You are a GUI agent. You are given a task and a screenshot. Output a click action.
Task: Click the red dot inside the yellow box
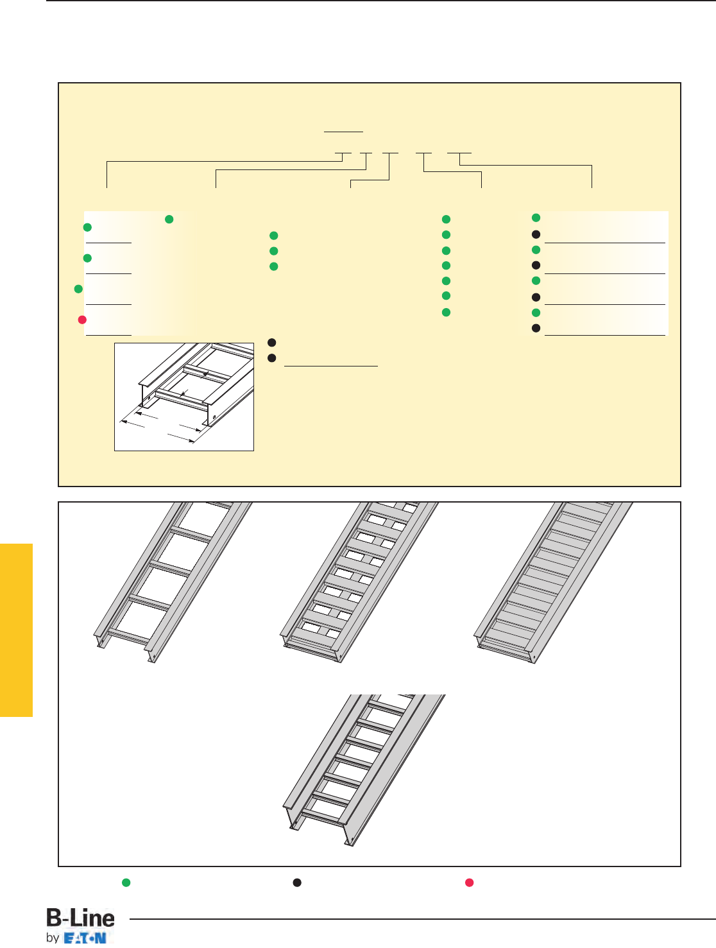82,320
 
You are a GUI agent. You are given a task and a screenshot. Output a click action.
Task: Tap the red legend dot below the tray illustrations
469,883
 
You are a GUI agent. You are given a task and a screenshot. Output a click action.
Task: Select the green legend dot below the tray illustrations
126,883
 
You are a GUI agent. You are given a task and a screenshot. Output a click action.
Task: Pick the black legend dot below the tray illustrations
297,883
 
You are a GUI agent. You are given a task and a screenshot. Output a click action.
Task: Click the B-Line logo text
80,917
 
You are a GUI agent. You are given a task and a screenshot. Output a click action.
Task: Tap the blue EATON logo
85,938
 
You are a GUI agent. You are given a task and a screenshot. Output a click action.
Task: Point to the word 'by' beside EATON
53,938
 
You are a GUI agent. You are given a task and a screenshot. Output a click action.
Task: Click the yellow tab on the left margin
17,630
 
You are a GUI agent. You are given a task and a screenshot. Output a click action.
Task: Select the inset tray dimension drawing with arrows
184,397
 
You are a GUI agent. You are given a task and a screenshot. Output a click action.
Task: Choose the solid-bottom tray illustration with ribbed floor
553,582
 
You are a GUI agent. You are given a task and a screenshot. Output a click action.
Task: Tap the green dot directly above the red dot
78,289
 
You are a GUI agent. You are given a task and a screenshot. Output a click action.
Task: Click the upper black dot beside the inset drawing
272,343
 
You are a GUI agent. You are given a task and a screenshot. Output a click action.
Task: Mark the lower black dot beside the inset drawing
272,358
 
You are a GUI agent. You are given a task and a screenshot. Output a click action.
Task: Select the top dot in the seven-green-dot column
447,220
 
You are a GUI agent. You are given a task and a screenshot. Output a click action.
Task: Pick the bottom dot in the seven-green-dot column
447,313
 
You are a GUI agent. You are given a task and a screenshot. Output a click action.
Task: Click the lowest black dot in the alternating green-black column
536,328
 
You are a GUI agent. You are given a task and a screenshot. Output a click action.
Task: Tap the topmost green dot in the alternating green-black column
536,218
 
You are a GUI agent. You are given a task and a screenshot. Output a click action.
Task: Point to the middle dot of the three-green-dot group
273,251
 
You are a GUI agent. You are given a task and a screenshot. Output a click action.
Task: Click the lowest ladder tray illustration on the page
364,770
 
